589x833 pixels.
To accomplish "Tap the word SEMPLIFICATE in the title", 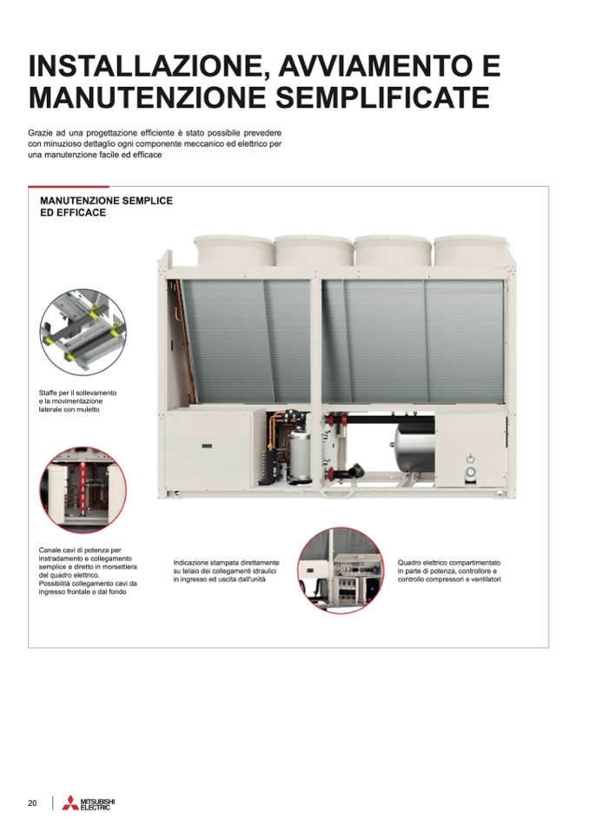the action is click(x=383, y=96).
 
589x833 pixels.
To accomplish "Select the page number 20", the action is click(x=32, y=803).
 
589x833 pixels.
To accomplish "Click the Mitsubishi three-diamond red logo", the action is click(x=70, y=803).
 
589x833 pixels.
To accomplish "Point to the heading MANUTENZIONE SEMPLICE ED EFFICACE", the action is click(x=106, y=207).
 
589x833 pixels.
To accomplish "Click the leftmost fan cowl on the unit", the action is click(x=234, y=251).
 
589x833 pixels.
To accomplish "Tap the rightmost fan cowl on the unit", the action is click(x=473, y=251).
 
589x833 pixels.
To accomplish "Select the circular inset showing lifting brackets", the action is click(x=83, y=333).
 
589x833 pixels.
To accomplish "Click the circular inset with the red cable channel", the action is click(x=83, y=490).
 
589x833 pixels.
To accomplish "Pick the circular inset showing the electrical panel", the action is click(x=341, y=571).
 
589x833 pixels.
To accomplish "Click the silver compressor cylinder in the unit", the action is click(x=299, y=454).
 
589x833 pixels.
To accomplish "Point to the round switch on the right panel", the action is click(x=470, y=473).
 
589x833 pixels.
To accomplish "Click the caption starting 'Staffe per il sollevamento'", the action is click(x=78, y=401).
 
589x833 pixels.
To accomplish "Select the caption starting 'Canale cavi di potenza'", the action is click(x=88, y=571).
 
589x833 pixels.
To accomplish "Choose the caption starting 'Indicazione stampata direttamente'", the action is click(x=226, y=571).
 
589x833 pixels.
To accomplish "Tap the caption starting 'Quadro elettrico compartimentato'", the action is click(x=449, y=571).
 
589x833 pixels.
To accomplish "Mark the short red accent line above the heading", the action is click(x=69, y=187).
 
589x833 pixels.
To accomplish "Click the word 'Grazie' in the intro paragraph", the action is click(x=39, y=132).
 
